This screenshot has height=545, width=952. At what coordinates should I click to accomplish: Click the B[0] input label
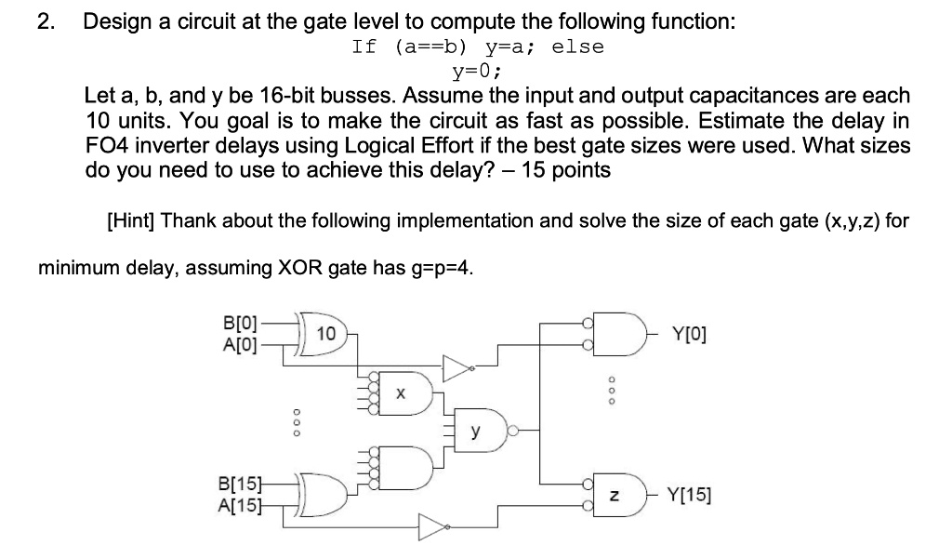coord(240,326)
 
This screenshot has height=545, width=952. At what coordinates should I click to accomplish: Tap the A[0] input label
coord(240,343)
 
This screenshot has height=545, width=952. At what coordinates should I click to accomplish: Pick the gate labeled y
coord(478,432)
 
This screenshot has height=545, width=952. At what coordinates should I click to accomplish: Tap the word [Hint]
coord(138,221)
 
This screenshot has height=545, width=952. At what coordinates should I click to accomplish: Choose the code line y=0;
coord(477,71)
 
